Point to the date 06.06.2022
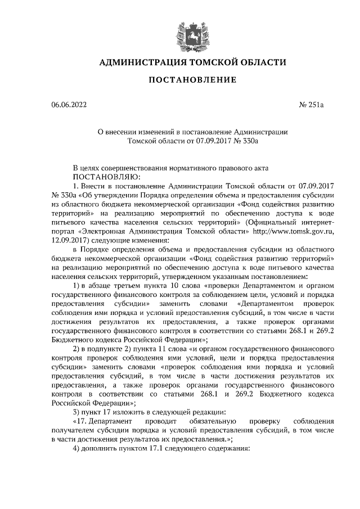coord(69,105)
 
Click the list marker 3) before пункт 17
coord(78,412)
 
